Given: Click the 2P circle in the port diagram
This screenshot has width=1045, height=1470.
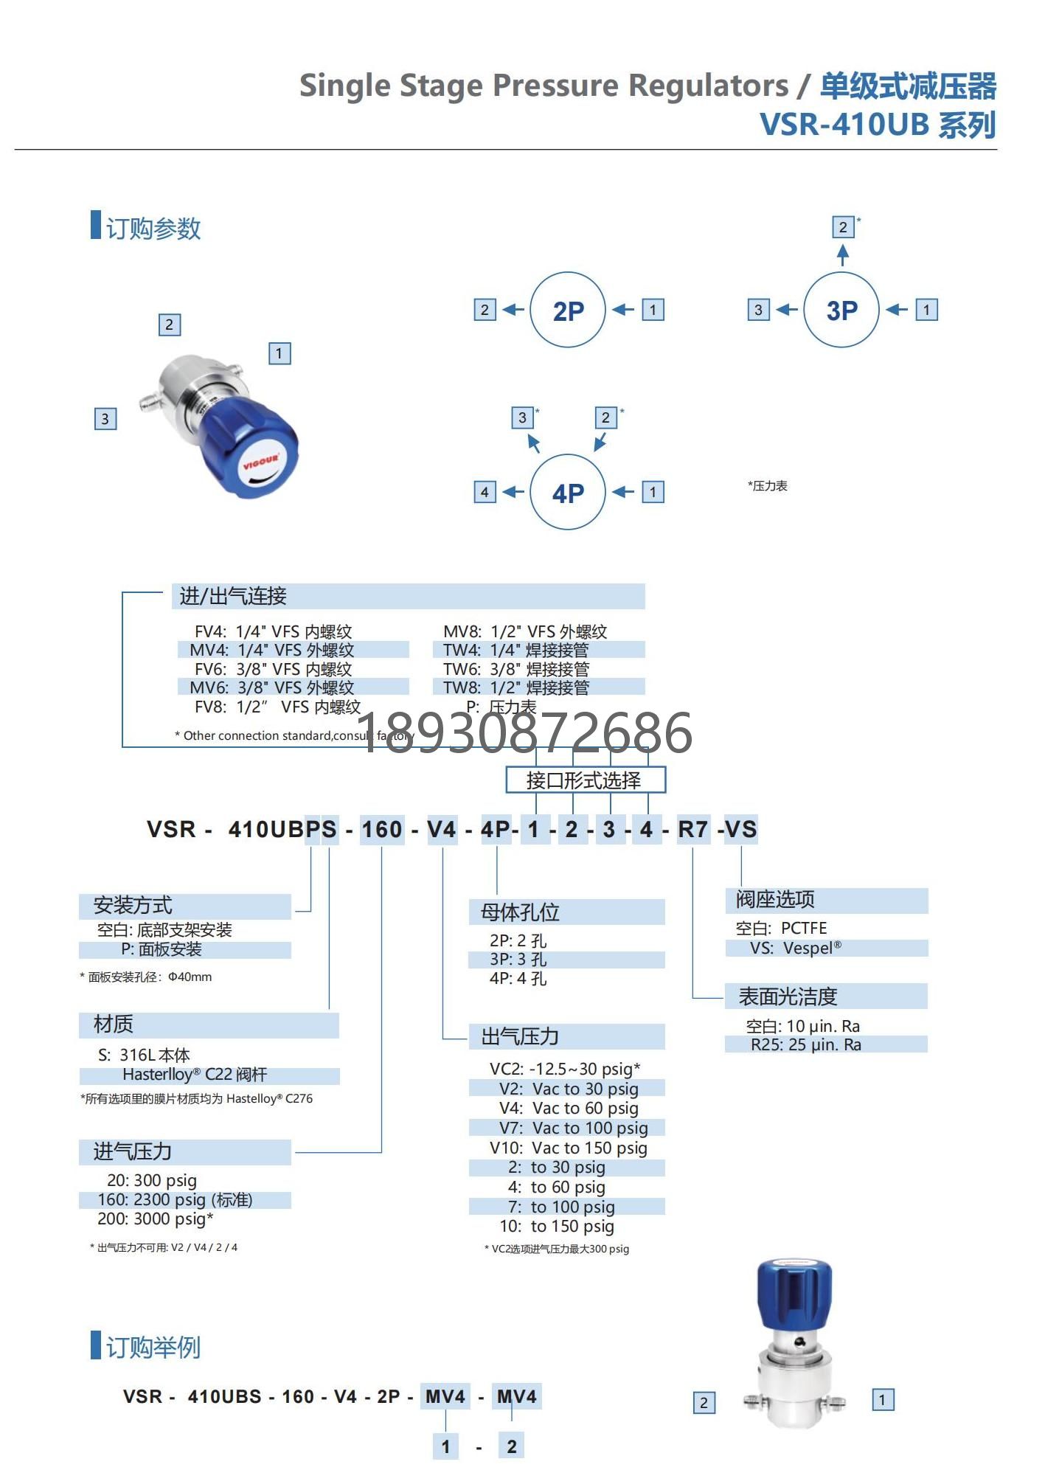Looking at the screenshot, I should (x=567, y=310).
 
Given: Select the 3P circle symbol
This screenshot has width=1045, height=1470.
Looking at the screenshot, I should (x=841, y=310).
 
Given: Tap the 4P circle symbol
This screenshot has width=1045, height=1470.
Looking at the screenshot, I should (x=567, y=492).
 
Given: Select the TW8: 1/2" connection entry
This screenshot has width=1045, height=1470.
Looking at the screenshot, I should (x=516, y=687).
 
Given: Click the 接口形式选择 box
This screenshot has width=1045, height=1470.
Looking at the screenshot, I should (x=585, y=780).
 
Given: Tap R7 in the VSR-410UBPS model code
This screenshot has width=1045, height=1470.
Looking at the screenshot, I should (x=692, y=829).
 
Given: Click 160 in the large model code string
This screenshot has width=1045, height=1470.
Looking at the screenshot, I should (x=381, y=829).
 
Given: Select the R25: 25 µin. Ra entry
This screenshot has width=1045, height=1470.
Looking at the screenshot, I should (x=805, y=1044).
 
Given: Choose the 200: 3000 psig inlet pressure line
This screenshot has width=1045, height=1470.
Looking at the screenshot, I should (x=155, y=1219).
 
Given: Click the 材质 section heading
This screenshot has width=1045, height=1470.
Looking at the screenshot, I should (x=114, y=1025).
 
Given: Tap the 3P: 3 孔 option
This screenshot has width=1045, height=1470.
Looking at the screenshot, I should (x=518, y=960).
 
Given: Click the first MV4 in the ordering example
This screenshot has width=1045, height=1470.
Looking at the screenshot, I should (x=445, y=1396).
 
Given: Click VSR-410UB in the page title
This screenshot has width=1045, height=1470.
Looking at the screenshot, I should (x=844, y=125).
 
